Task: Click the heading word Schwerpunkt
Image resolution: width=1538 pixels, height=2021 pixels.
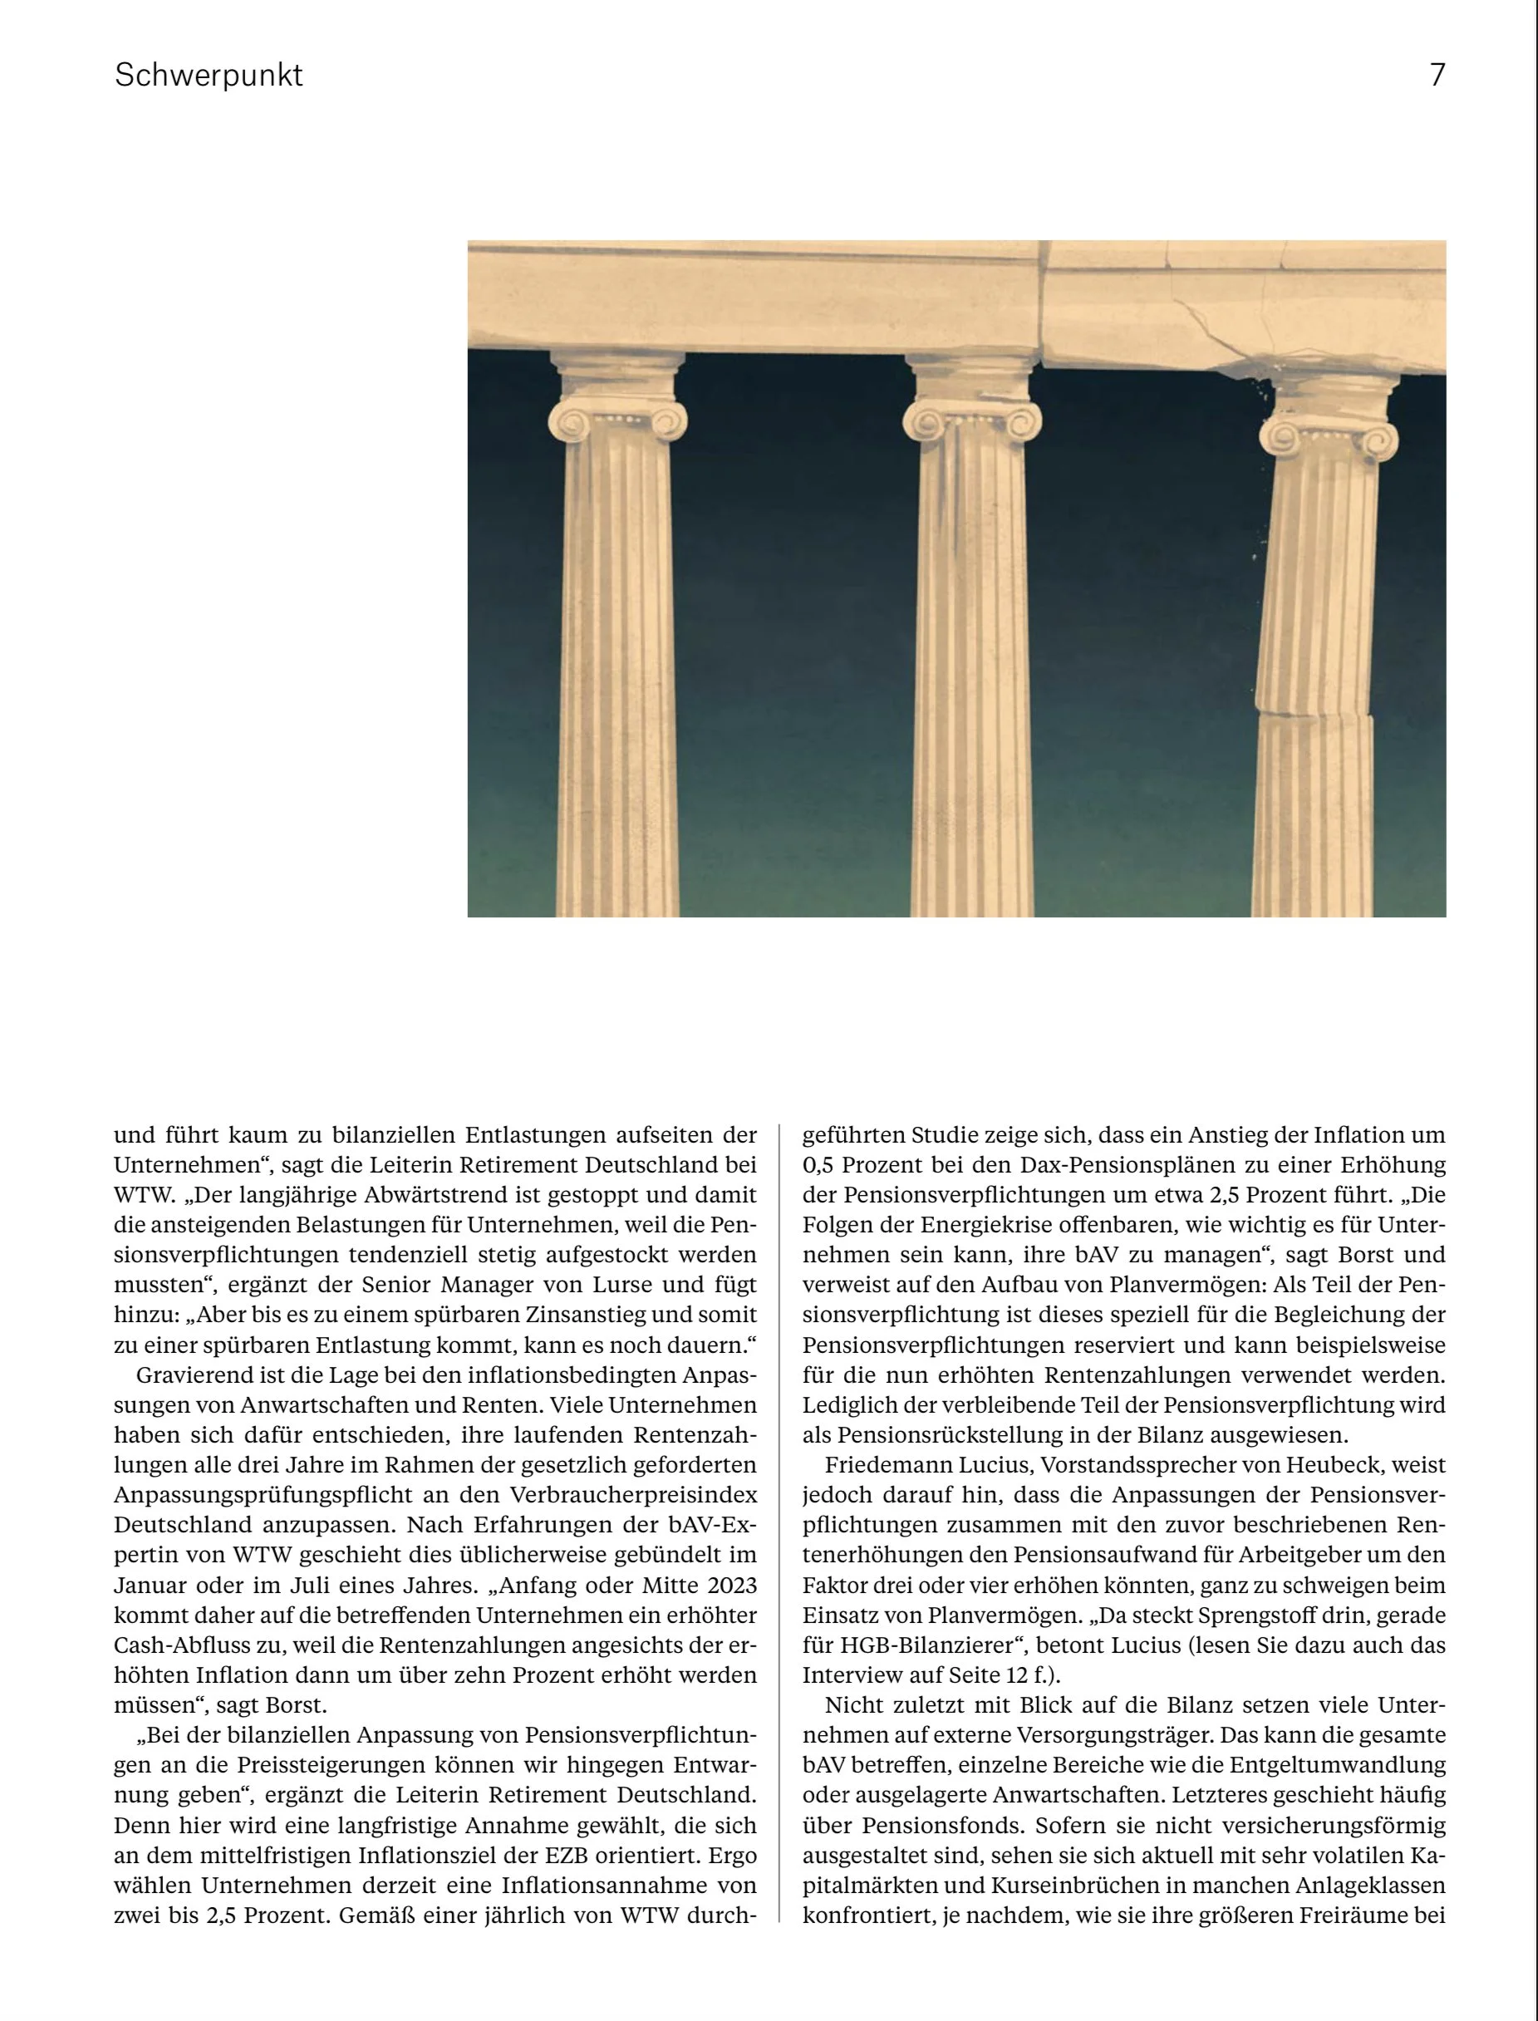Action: click(x=208, y=75)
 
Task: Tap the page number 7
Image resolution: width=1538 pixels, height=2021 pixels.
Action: click(x=1437, y=75)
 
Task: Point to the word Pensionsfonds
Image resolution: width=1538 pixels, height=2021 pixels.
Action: click(x=941, y=1825)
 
